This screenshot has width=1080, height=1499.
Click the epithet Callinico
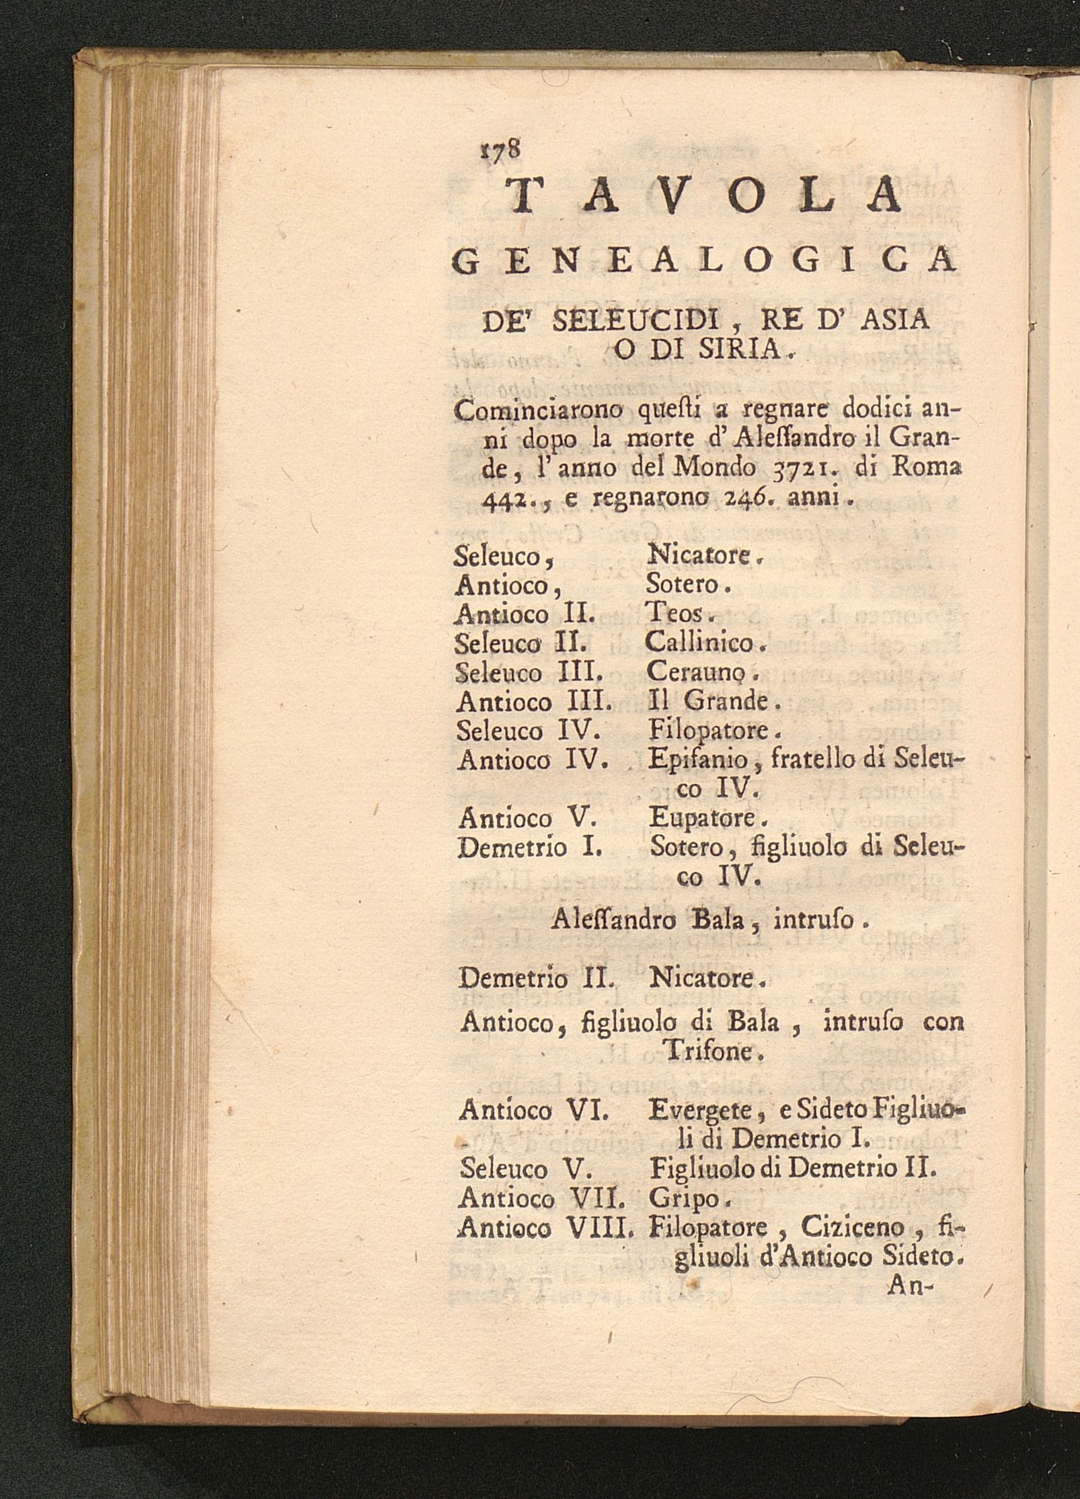[x=703, y=643]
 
